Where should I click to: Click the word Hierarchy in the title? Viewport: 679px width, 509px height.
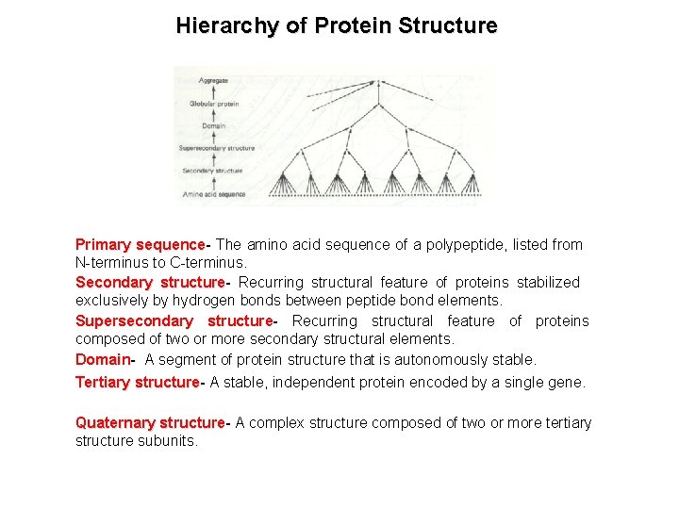pos(227,26)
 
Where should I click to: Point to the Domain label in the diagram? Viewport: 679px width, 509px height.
pos(213,125)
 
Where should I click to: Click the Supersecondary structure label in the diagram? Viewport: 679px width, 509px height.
pos(217,148)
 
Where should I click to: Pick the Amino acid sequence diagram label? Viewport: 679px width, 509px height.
pos(214,194)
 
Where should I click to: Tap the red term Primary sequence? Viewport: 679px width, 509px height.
pos(140,245)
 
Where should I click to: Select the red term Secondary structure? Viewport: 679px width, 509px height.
pos(150,283)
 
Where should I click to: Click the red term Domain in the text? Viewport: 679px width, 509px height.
pos(103,360)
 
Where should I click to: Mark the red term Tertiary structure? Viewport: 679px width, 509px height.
pos(137,383)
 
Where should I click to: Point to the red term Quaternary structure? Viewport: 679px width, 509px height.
pos(150,423)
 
